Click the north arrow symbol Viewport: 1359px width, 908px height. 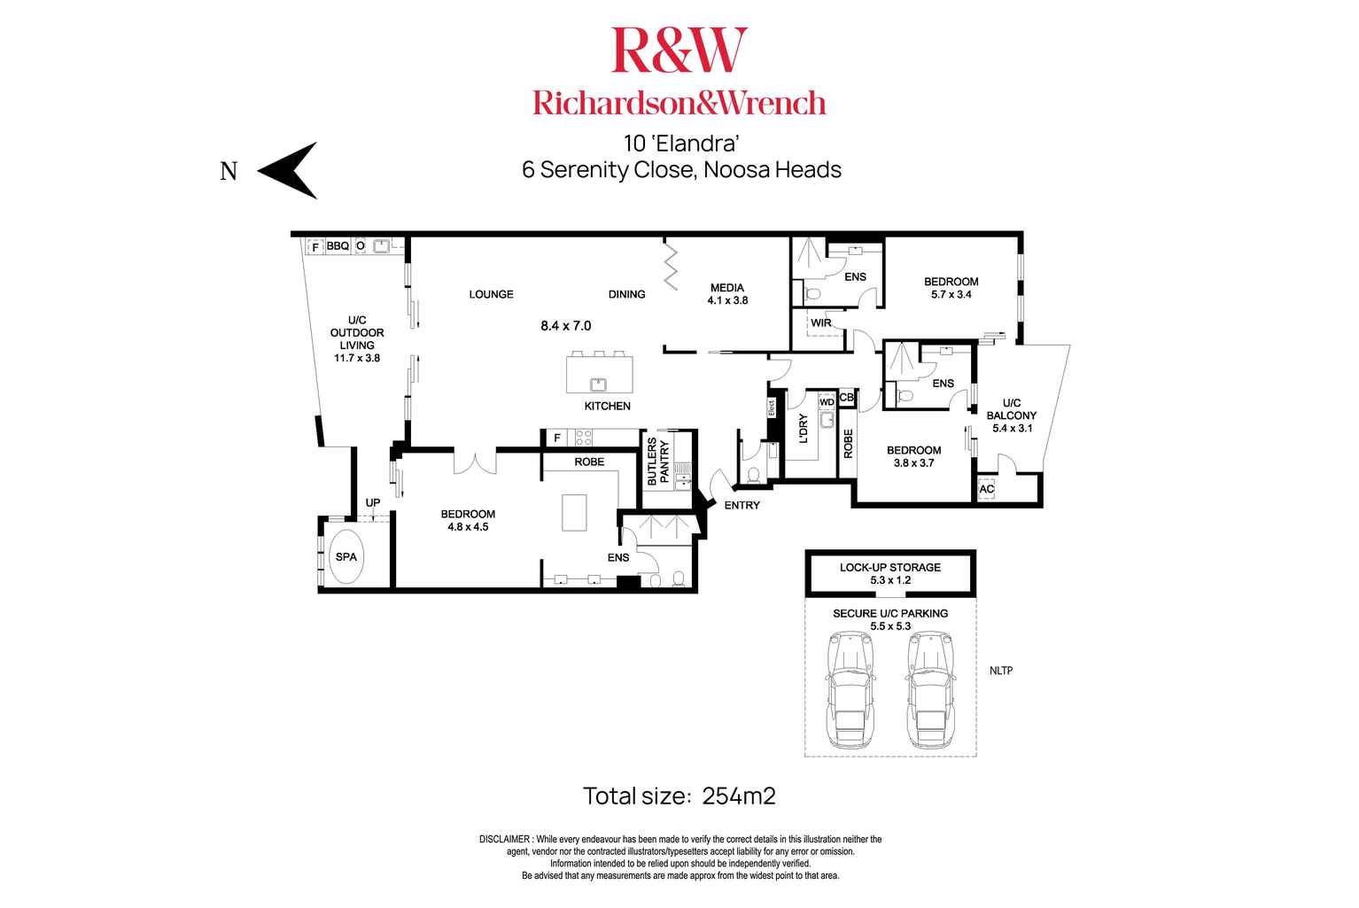tap(287, 170)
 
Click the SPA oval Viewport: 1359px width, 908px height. tap(346, 556)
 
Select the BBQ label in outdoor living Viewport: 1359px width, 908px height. tap(338, 246)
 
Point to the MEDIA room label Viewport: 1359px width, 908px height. tap(727, 288)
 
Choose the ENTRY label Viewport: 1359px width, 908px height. tap(742, 506)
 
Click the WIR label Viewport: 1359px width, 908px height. tap(821, 323)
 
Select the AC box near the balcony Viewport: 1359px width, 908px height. tap(987, 489)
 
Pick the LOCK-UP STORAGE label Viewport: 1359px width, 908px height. tap(889, 567)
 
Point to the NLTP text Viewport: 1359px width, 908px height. tap(1000, 671)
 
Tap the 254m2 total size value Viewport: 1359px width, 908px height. tap(739, 796)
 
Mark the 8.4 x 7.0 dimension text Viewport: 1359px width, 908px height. tap(565, 326)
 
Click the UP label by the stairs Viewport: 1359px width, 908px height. tap(373, 503)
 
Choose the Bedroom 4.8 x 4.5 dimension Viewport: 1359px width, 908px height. tap(468, 526)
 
